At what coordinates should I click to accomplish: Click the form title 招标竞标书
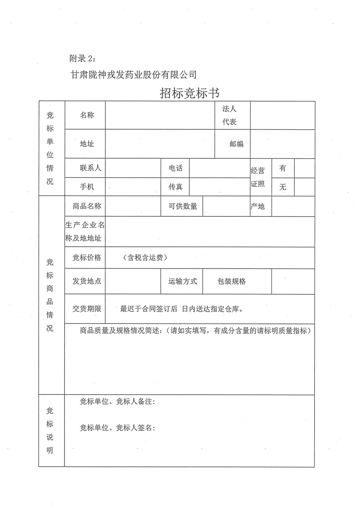[190, 93]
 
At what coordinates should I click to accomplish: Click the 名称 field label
[87, 115]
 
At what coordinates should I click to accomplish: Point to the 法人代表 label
[229, 115]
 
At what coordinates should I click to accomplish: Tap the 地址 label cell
[87, 144]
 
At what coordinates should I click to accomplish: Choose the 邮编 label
[237, 144]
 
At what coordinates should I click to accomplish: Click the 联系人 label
[90, 168]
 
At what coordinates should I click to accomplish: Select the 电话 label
[176, 168]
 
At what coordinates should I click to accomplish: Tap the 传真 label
[176, 186]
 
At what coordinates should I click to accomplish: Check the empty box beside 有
[304, 168]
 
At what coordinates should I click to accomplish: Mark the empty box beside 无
[304, 186]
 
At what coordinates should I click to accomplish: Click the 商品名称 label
[87, 206]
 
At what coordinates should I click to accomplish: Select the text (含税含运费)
[145, 258]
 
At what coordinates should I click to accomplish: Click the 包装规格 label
[232, 281]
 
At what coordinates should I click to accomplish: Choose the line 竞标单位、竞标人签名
[118, 428]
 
